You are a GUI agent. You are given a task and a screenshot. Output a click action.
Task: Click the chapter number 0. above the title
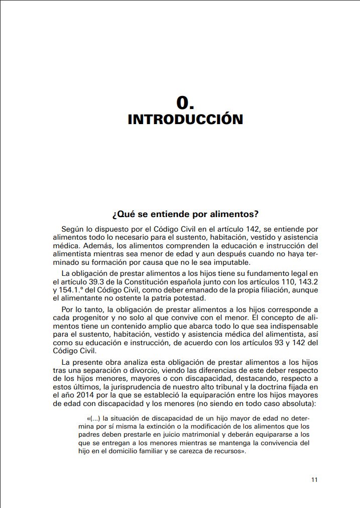(185, 103)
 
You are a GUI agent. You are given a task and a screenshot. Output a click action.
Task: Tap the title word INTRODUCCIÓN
(185, 120)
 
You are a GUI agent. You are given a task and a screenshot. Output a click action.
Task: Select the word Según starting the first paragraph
(73, 229)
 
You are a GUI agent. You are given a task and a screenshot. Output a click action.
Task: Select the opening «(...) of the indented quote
(94, 418)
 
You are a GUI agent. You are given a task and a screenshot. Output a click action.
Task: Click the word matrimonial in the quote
(201, 435)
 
